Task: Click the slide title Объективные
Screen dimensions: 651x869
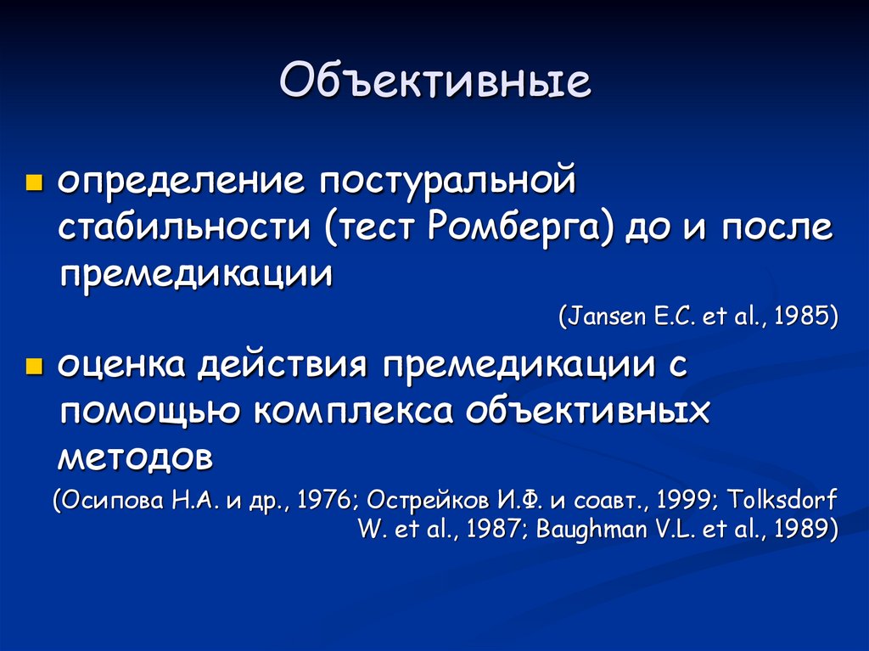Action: tap(434, 85)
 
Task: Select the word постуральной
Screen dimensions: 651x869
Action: tap(447, 182)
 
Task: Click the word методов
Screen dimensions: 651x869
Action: tap(135, 458)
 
